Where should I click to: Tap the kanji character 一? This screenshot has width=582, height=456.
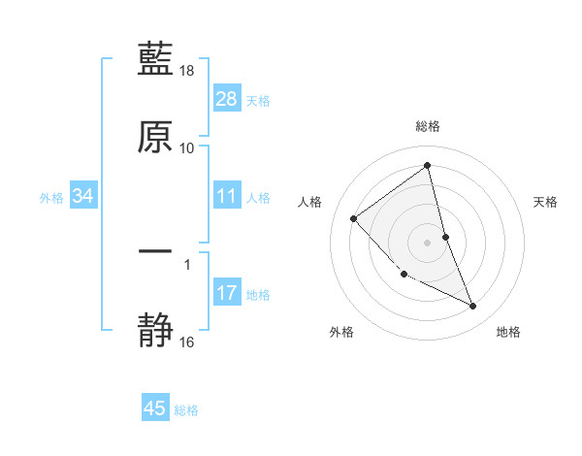155,251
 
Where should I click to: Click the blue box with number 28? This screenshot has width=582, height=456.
226,99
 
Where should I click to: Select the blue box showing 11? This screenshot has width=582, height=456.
226,197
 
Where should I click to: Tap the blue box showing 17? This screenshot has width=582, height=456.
226,293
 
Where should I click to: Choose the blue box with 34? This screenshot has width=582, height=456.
82,197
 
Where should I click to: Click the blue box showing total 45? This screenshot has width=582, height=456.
155,408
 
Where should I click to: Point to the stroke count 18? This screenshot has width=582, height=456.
187,72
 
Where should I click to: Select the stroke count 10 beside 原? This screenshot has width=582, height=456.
187,148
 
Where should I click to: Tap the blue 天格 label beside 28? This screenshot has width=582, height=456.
258,101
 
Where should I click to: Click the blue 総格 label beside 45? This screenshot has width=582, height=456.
186,410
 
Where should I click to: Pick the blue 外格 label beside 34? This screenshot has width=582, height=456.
51,198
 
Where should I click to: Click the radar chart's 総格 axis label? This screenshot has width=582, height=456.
428,126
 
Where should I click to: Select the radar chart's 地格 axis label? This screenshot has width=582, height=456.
508,333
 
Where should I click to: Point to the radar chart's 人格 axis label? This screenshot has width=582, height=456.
310,202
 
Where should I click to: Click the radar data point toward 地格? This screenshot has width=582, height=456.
473,307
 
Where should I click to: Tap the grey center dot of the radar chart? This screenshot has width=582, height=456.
428,242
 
